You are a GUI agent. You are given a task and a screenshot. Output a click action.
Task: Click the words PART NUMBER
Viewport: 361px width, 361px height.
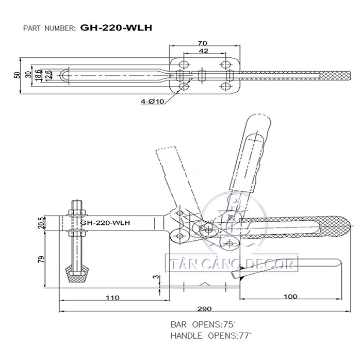[50, 28]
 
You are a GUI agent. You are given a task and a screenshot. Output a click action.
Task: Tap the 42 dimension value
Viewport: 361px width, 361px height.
[203, 52]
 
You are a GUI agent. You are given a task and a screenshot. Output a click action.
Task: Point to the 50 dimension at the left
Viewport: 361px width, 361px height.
[18, 75]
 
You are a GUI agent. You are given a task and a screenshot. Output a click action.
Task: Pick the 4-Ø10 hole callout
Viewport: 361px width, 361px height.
[153, 101]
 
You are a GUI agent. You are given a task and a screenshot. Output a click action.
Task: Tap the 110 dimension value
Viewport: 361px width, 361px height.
[112, 298]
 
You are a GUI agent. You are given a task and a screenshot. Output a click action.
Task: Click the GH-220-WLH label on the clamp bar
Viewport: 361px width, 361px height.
[106, 223]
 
